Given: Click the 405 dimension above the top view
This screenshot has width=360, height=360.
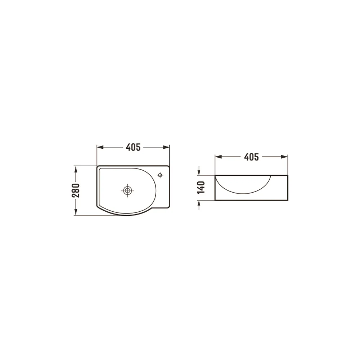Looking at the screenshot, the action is (133, 147).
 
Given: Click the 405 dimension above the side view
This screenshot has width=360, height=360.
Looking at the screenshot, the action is (251, 157).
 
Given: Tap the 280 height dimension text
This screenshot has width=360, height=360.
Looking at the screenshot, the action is (76, 190).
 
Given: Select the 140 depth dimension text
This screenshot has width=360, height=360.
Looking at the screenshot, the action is (201, 187).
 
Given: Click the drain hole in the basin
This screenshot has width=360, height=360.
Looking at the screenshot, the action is (127, 190).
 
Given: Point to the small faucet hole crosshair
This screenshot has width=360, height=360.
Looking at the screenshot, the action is (160, 175).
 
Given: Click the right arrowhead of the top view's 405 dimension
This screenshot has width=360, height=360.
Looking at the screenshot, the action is (166, 147).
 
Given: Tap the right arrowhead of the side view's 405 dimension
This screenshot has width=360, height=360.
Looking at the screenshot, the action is (284, 157).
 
